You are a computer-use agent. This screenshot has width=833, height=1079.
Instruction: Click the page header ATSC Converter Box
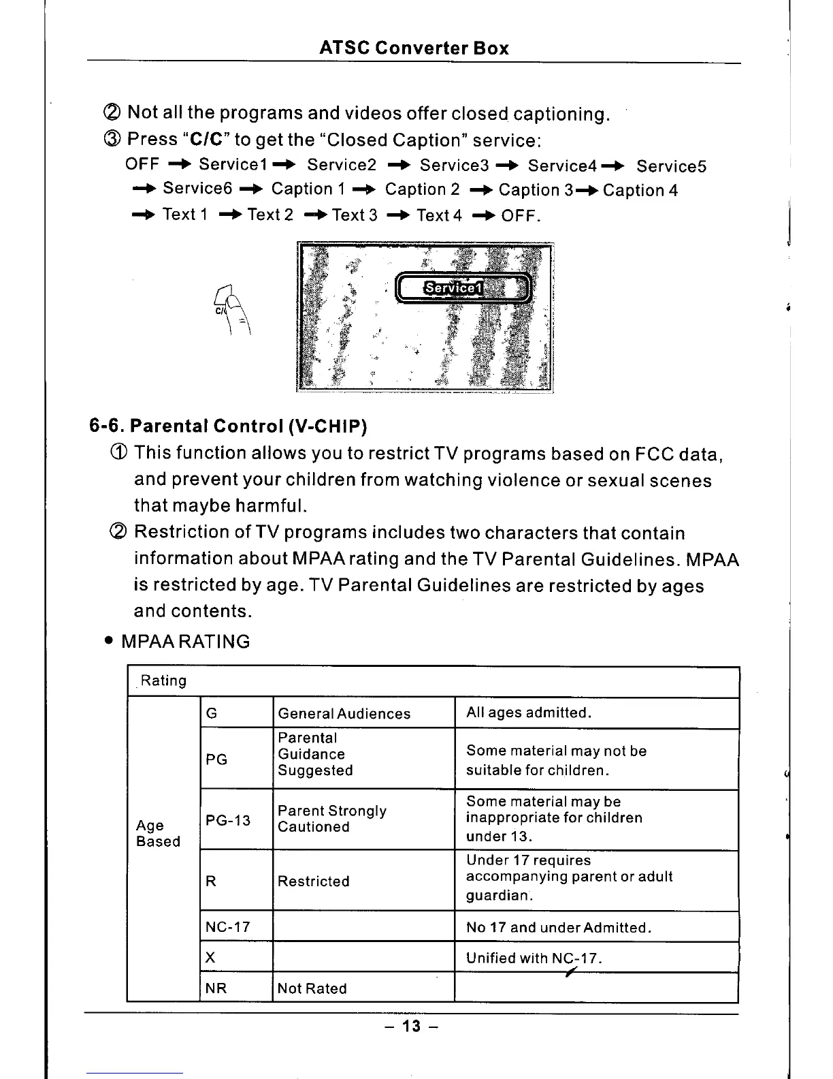tap(414, 48)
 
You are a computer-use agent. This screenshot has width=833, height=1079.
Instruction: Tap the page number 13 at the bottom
tap(411, 1026)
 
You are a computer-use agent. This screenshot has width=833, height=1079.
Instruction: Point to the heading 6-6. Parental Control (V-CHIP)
tap(228, 426)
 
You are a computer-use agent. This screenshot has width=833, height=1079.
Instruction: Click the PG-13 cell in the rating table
tap(229, 820)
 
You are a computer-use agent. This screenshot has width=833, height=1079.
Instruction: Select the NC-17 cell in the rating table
tap(228, 926)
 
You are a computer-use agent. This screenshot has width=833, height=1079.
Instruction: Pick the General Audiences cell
tap(344, 713)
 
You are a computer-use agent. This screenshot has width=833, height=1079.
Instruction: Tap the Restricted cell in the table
tap(314, 881)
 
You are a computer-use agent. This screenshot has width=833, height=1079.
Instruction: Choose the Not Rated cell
tap(312, 988)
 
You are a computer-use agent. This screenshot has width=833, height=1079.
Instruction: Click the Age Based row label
tap(158, 833)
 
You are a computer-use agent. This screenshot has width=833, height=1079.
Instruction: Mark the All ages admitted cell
tap(529, 713)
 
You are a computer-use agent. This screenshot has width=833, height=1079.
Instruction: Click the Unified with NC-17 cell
tap(534, 958)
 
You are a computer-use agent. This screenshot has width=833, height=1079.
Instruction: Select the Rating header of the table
tap(163, 681)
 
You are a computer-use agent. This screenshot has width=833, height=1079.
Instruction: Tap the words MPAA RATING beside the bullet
tap(185, 642)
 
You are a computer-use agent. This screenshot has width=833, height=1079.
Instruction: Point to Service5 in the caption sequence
tap(671, 166)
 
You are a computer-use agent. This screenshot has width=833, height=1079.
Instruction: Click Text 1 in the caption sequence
tap(185, 215)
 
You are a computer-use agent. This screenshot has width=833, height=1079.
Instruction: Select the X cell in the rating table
tap(210, 957)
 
